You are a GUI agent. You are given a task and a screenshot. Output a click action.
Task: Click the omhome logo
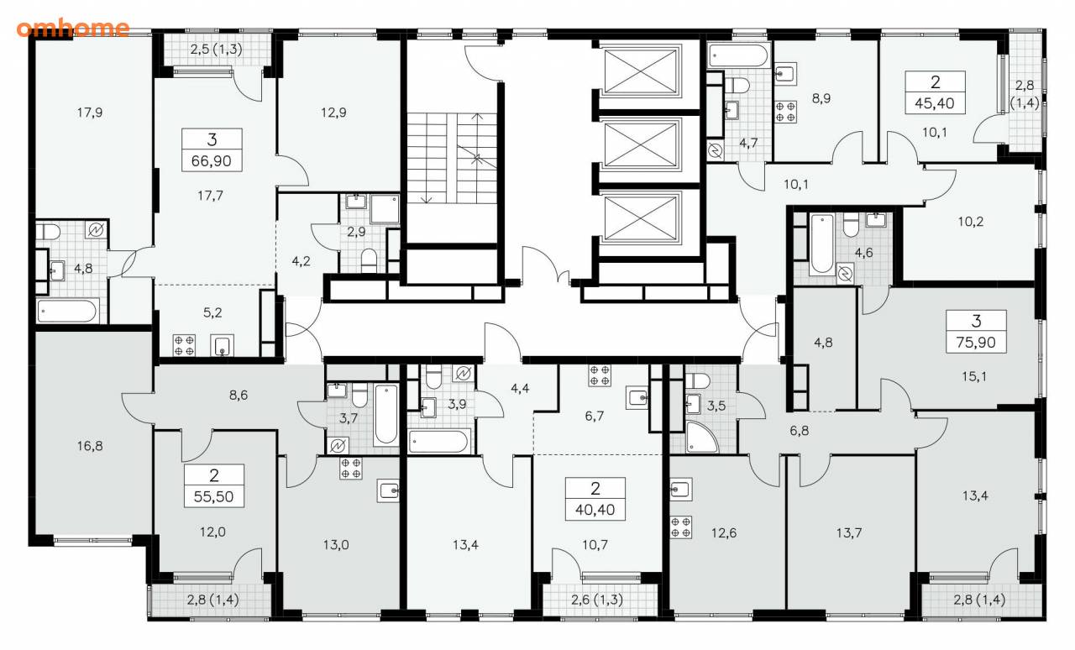point(73,29)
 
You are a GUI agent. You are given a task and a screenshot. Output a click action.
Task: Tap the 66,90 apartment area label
point(212,160)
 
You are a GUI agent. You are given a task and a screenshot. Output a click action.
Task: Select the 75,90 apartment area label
point(976,343)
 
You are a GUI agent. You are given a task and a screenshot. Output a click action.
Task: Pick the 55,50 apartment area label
point(213,496)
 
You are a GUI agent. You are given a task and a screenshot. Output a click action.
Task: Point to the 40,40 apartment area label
point(595,510)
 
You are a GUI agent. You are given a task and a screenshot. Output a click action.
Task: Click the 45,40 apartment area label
point(935,103)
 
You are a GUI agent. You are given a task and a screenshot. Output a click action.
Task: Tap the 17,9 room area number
point(90,113)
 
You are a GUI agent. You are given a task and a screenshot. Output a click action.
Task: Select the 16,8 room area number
point(90,446)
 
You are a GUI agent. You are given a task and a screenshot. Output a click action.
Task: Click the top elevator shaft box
point(640,71)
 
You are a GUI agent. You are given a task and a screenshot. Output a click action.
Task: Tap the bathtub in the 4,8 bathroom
point(68,311)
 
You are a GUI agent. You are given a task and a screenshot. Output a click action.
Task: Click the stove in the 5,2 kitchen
point(184,345)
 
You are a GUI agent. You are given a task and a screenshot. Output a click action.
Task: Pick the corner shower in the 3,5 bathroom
point(701,437)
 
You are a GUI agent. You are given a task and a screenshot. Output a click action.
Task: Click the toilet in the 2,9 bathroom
point(369,259)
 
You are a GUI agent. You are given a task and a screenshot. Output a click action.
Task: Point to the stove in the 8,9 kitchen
point(785,112)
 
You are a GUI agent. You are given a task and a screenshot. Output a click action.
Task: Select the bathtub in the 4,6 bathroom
point(821,244)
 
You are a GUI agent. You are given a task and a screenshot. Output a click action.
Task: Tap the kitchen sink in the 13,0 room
point(388,490)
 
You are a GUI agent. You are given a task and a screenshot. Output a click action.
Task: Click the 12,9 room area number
point(333,113)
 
